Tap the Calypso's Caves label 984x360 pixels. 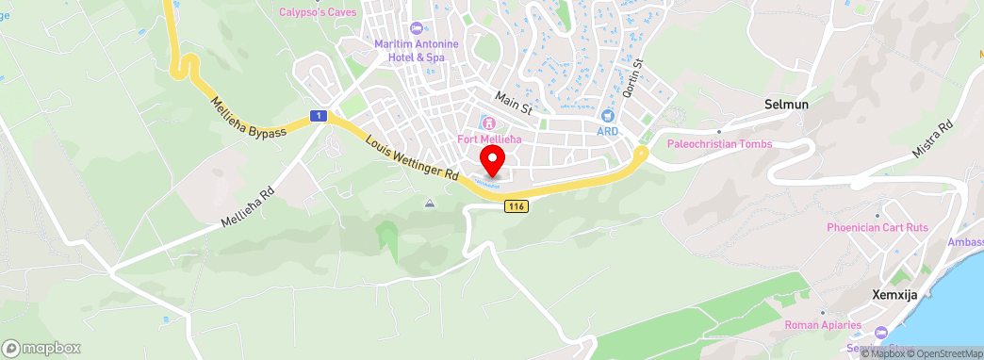tap(317, 12)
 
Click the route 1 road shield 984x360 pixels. tap(320, 116)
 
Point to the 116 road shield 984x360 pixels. tap(515, 206)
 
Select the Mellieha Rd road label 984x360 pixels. tap(247, 205)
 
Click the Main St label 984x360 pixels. tap(515, 102)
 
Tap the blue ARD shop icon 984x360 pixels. tap(607, 115)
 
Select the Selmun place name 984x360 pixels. tap(787, 105)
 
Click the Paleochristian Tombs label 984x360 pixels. tap(719, 144)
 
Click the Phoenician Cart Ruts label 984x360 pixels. tap(879, 227)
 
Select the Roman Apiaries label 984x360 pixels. tap(823, 326)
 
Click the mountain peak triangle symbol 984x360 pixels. tap(430, 203)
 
